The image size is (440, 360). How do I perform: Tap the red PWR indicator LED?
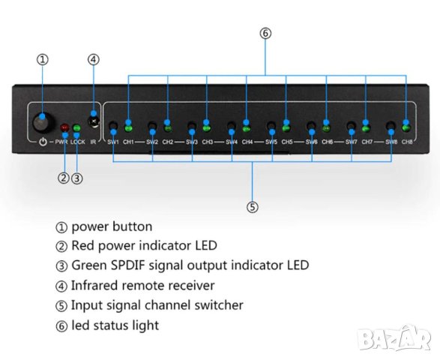(x=65, y=127)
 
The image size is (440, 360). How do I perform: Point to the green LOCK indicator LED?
(x=76, y=127)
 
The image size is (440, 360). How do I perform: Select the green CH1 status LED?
(x=128, y=125)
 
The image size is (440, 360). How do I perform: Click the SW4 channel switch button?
(x=232, y=127)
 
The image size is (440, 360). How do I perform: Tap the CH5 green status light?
(x=286, y=125)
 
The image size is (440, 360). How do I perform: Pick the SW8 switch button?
(x=390, y=127)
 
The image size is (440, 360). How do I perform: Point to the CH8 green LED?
(x=406, y=125)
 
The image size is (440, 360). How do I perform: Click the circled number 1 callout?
(x=43, y=59)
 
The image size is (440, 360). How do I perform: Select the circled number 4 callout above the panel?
(x=93, y=59)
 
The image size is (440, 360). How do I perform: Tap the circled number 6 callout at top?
(x=265, y=33)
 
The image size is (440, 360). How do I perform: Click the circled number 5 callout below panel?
(x=252, y=206)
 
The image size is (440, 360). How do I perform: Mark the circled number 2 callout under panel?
(x=63, y=178)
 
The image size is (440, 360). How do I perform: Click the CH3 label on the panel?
(x=208, y=142)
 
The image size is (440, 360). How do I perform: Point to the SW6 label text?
(x=311, y=142)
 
